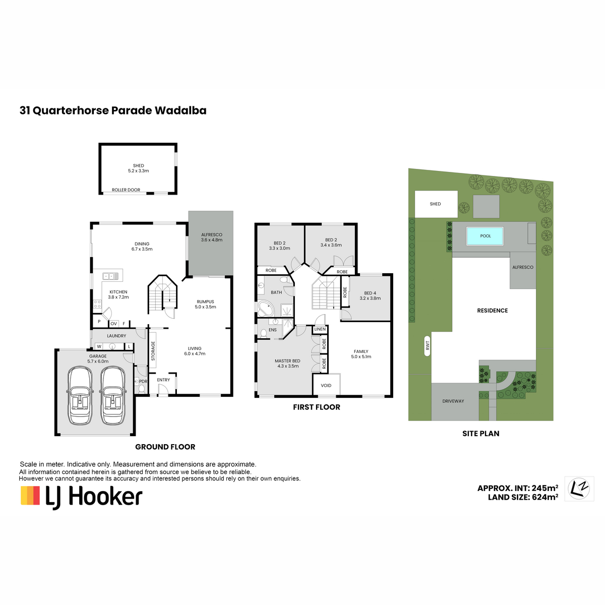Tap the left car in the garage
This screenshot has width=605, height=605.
tap(80, 395)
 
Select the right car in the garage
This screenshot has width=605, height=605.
tap(112, 395)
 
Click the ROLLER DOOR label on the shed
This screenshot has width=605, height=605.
tap(126, 190)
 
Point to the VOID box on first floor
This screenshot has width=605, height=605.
tap(326, 385)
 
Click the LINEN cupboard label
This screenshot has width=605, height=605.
tap(320, 329)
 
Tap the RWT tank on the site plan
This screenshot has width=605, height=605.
tap(427, 346)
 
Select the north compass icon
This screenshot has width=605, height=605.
tap(579, 488)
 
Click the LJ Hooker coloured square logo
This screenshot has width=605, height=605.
tap(30, 496)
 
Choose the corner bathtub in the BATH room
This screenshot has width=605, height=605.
tap(266, 309)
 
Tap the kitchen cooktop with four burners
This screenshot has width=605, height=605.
tap(97, 304)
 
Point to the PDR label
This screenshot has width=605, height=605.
tap(143, 381)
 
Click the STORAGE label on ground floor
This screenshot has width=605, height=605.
tap(153, 350)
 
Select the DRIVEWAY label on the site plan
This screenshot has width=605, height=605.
tap(453, 401)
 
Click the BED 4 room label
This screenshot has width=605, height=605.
tap(370, 292)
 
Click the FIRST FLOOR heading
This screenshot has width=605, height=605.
tap(316, 407)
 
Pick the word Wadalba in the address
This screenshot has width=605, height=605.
tap(180, 110)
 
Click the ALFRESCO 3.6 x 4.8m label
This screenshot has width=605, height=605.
tap(212, 237)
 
